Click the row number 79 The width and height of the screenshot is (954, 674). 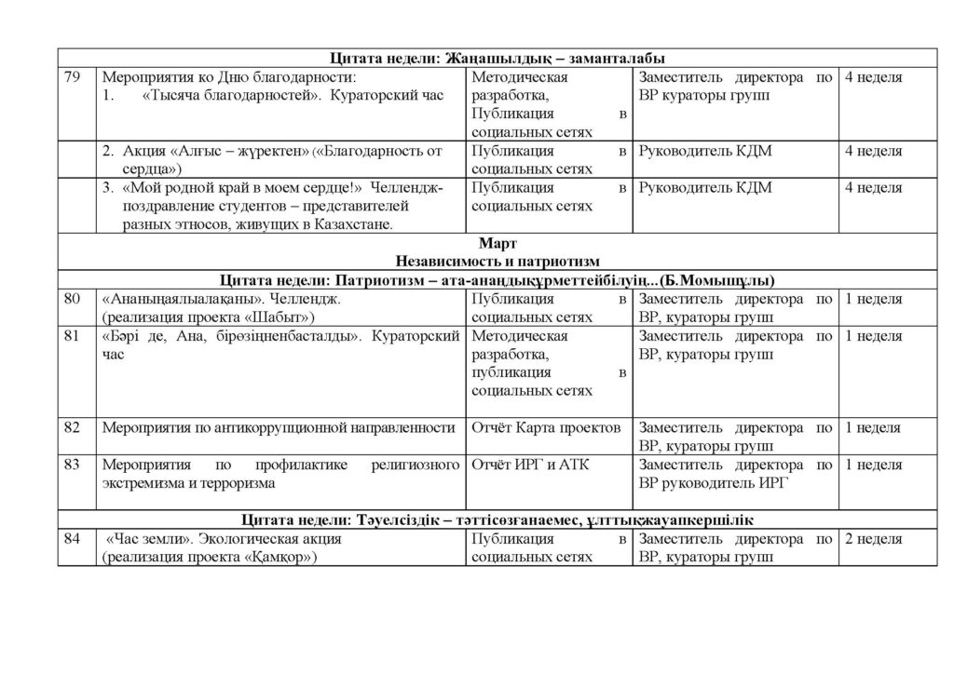tap(72, 78)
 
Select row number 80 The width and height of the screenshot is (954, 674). tap(72, 300)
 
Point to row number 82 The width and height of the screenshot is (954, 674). tap(72, 428)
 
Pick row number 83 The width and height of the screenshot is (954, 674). tap(72, 465)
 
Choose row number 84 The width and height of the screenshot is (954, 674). tap(72, 539)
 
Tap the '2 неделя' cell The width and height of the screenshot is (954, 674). tap(873, 539)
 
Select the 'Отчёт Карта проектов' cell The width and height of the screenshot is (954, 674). tap(546, 428)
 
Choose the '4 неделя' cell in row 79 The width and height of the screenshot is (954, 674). tap(873, 78)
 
